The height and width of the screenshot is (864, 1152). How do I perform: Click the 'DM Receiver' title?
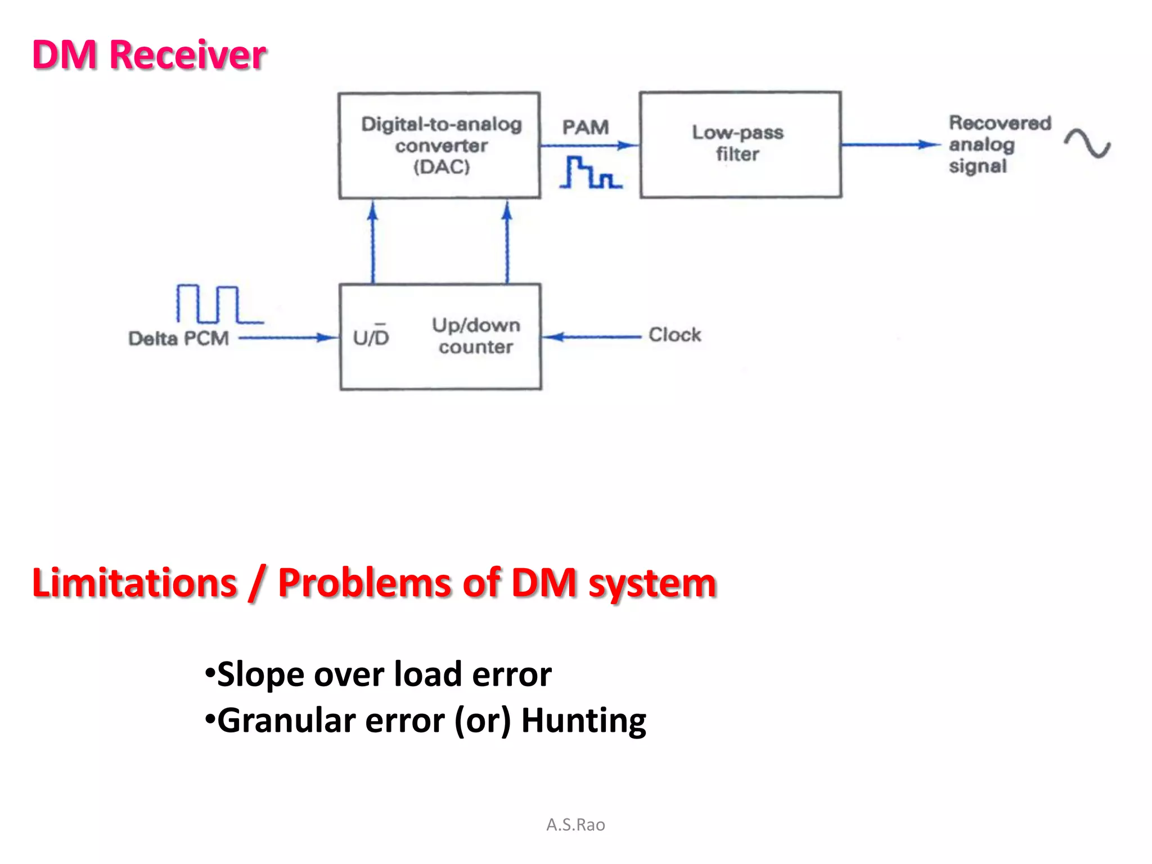pyautogui.click(x=149, y=55)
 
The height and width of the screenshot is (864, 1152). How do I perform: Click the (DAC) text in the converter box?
pyautogui.click(x=442, y=167)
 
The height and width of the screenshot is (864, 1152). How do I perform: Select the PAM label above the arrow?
pyautogui.click(x=586, y=127)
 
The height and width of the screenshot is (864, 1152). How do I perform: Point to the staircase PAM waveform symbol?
pyautogui.click(x=591, y=173)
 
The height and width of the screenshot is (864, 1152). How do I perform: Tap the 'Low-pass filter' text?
pyautogui.click(x=737, y=143)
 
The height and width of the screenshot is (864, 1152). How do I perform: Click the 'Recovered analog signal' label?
pyautogui.click(x=998, y=145)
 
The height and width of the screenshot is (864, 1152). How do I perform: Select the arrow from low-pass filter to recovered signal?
pyautogui.click(x=892, y=145)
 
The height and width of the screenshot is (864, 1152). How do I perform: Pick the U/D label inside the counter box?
pyautogui.click(x=371, y=337)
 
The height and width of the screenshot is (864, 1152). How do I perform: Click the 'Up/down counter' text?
pyautogui.click(x=476, y=336)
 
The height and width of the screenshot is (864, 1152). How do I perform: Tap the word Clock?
pyautogui.click(x=674, y=335)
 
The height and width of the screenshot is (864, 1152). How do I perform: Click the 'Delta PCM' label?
pyautogui.click(x=178, y=338)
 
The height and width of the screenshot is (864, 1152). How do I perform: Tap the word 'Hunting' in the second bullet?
pyautogui.click(x=583, y=721)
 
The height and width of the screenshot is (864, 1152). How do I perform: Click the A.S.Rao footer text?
pyautogui.click(x=575, y=825)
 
